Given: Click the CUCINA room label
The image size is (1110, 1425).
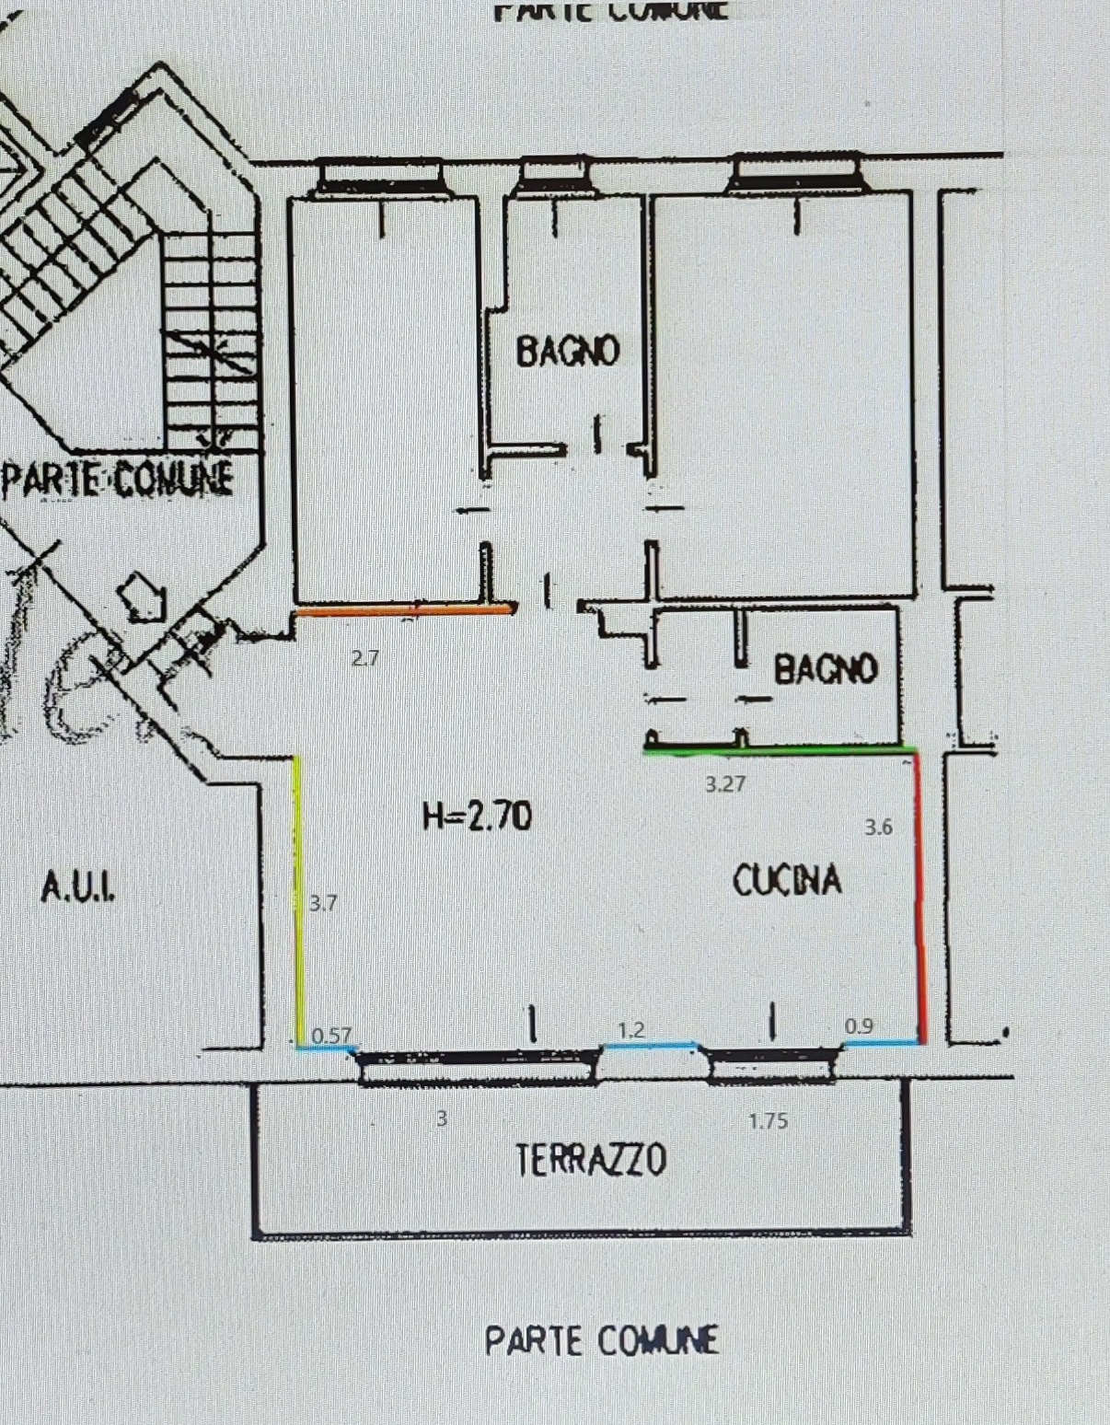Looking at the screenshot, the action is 787,880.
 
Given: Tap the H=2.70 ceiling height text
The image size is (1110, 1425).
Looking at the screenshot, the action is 477,817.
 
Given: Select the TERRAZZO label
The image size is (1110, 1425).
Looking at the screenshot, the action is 591,1160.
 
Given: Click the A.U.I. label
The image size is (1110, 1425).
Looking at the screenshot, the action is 78,888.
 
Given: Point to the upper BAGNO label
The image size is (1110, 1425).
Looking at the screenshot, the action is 567,351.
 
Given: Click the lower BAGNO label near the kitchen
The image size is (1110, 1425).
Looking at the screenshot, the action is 826,669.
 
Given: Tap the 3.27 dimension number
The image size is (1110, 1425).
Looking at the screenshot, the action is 725,784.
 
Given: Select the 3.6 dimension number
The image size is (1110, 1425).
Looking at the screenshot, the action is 878,828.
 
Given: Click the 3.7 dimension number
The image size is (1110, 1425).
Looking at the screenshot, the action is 323,903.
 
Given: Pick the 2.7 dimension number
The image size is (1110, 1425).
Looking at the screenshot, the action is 365,658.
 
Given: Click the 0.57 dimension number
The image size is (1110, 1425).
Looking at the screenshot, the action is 331,1036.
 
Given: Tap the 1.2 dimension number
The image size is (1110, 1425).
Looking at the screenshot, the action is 630,1030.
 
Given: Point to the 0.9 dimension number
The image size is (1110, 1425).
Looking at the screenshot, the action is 859,1025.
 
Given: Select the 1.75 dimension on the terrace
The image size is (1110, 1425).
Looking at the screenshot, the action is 768,1121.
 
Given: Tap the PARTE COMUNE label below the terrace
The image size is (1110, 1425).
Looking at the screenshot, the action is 601,1340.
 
